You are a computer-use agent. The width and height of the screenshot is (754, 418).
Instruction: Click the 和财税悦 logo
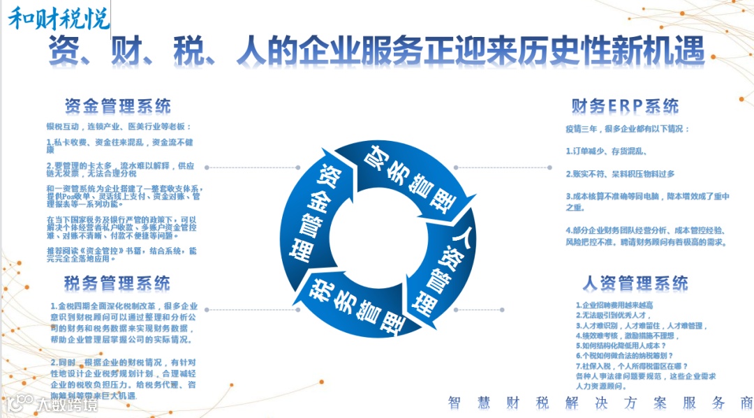59,19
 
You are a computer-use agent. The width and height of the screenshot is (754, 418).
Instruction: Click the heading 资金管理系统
117,106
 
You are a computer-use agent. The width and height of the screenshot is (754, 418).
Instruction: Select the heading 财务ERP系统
625,106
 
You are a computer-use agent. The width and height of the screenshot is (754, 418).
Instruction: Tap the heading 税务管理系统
117,283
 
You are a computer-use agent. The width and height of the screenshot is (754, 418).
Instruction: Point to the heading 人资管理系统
635,283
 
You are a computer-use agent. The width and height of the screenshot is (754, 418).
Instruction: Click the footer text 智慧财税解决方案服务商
600,403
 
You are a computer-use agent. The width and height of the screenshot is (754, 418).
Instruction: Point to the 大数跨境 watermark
52,403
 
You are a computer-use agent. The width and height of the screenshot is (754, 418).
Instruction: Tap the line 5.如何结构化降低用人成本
621,345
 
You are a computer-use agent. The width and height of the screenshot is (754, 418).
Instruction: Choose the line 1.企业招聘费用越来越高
614,305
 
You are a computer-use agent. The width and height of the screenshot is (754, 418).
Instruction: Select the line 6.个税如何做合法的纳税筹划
626,356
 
